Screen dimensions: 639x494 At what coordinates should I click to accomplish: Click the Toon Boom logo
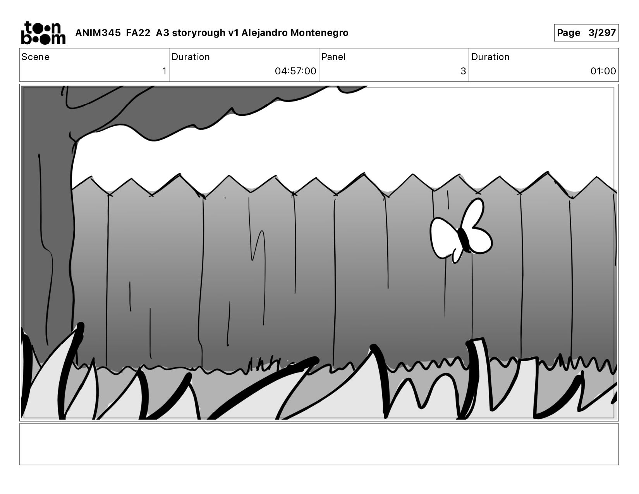[x=43, y=33]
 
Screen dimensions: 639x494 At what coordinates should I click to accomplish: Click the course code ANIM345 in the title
[x=98, y=33]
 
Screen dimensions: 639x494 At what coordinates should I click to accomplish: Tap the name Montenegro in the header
[x=319, y=33]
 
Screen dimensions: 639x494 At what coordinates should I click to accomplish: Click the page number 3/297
[x=602, y=33]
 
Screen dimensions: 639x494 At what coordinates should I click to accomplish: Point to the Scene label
[x=36, y=57]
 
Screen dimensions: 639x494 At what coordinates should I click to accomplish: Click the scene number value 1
[x=164, y=71]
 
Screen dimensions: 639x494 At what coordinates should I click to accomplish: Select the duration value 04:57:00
[x=295, y=71]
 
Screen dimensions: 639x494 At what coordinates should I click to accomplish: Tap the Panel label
[x=333, y=57]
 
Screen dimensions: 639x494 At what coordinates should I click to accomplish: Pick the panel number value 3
[x=463, y=71]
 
